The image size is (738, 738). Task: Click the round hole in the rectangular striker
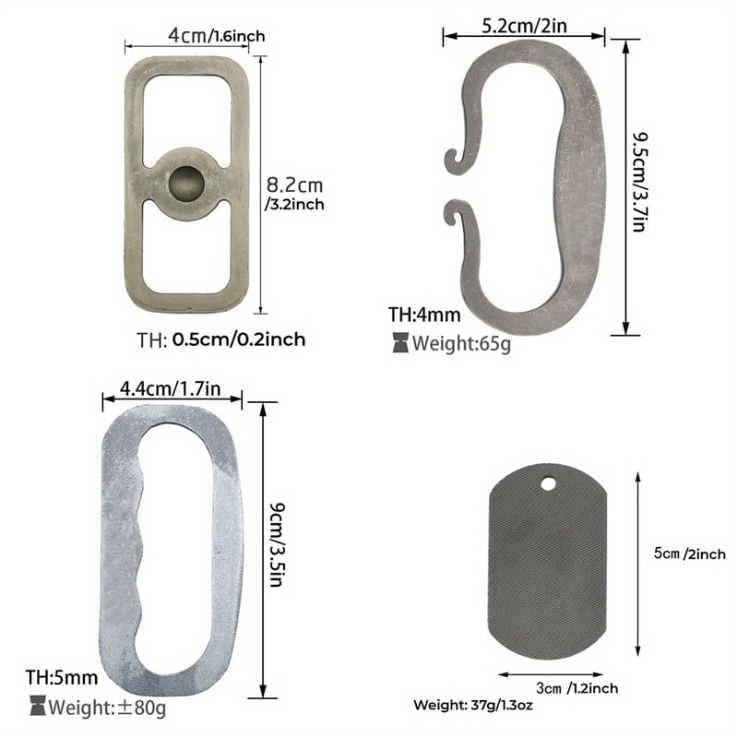tap(186, 182)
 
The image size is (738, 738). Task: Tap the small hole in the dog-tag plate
tap(548, 483)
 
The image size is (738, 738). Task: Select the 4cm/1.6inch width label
tap(217, 36)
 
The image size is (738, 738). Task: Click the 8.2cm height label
tap(295, 194)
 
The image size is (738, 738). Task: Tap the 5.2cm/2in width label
tap(524, 26)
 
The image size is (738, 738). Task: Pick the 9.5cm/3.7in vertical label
tap(640, 182)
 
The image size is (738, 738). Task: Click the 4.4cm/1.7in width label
tap(170, 388)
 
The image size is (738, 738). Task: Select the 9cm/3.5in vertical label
tap(278, 544)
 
